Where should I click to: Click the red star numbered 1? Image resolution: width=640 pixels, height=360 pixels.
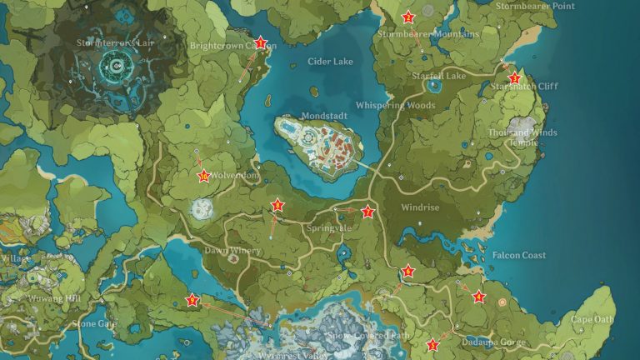(x=261, y=42)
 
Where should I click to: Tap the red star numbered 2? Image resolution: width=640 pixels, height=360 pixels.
(x=408, y=17)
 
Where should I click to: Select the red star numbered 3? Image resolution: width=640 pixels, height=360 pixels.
(x=514, y=77)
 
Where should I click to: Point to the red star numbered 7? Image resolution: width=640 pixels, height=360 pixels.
(x=367, y=212)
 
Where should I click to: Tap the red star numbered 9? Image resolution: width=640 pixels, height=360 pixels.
(x=192, y=301)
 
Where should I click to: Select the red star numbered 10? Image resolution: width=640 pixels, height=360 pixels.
(x=204, y=175)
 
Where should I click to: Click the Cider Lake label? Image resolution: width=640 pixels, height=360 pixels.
(x=330, y=62)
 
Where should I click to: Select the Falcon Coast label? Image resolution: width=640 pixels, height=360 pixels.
(x=518, y=255)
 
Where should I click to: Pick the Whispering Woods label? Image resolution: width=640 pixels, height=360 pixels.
(x=395, y=106)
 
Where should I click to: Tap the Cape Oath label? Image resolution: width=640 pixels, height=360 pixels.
(x=592, y=319)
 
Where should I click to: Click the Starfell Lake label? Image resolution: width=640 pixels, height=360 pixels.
(x=438, y=76)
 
